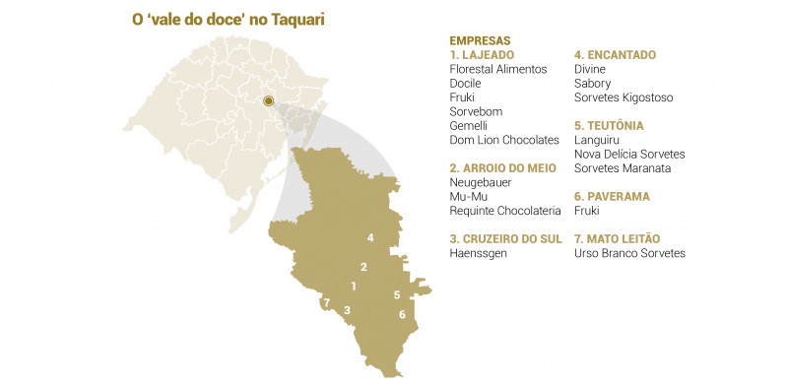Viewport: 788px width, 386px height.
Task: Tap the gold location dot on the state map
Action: [x=268, y=100]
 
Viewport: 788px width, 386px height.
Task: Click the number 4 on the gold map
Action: [x=369, y=238]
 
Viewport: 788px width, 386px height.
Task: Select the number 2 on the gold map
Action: [x=363, y=267]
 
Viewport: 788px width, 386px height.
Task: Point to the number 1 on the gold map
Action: [x=353, y=287]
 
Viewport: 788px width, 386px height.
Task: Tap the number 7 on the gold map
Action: [x=326, y=303]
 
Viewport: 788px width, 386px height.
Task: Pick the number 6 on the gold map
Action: [x=402, y=314]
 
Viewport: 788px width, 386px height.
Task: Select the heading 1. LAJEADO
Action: [x=481, y=55]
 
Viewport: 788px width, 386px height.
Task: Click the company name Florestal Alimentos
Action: [x=497, y=69]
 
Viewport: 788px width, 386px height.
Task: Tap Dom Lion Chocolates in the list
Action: [x=504, y=141]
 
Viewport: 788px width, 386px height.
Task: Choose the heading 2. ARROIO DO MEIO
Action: [x=502, y=168]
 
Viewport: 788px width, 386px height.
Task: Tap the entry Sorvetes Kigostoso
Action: [x=624, y=97]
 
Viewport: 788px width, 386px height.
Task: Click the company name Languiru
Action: [x=597, y=140]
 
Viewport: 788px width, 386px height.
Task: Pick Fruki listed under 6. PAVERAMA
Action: [x=587, y=211]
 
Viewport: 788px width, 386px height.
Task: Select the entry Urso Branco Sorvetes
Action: [x=629, y=253]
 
